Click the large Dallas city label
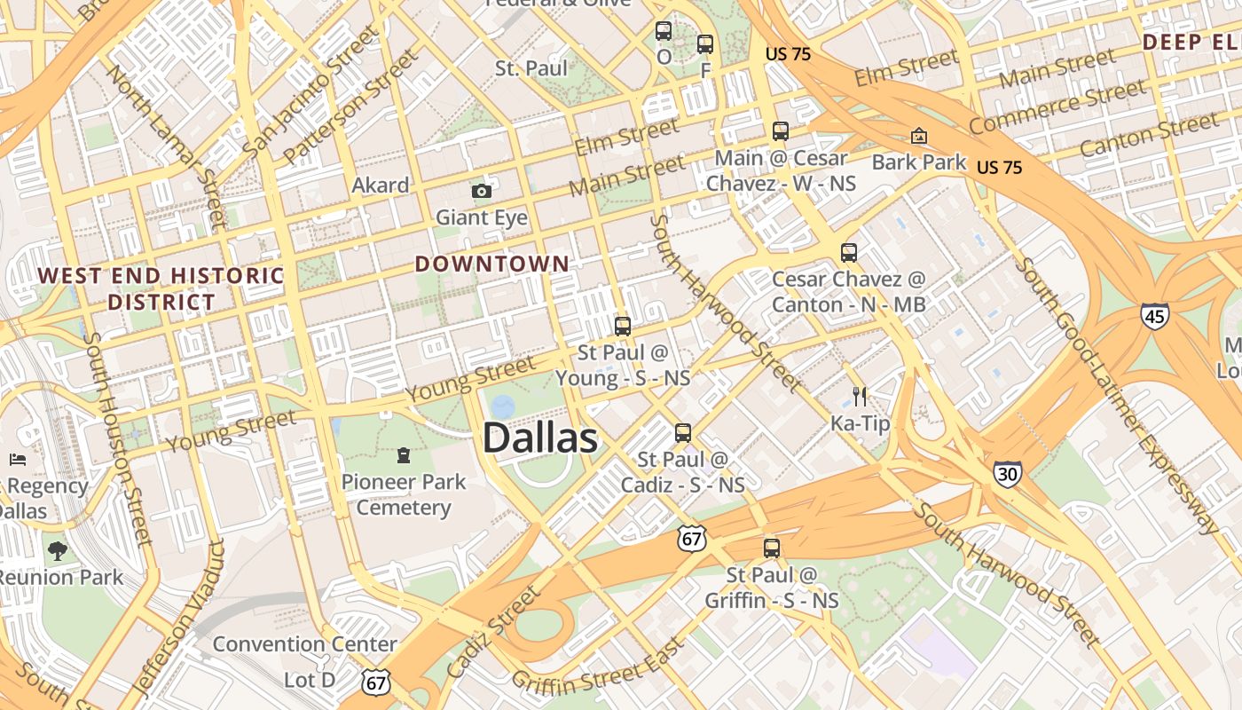540,438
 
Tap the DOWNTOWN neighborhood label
491,264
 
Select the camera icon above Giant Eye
481,191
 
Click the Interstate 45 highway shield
1154,314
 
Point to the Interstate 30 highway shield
1007,473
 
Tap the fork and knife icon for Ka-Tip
859,396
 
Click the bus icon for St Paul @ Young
623,326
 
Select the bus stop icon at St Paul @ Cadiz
682,433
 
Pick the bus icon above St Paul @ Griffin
772,548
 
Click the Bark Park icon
919,136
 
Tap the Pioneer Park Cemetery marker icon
404,456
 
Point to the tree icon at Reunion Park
58,551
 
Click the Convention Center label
304,643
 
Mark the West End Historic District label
161,288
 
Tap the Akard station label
381,185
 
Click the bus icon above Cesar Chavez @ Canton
849,253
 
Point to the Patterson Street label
350,107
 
